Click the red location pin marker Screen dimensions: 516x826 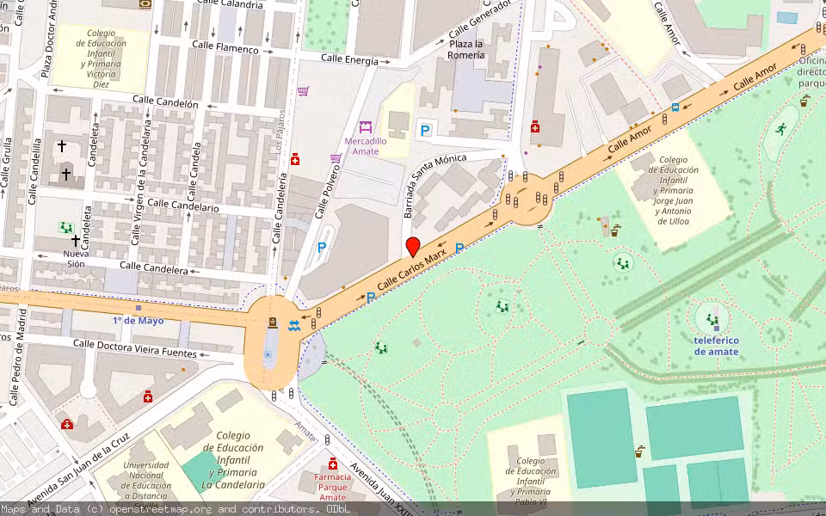pos(413,247)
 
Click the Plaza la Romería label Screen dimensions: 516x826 pos(465,49)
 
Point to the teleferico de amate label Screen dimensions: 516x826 pos(717,345)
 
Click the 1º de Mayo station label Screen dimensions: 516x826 pos(138,320)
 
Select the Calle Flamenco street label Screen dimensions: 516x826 pos(225,48)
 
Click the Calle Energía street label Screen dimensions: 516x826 pos(349,60)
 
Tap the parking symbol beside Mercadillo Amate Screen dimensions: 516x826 pos(424,130)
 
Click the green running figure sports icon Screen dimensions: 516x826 pos(780,130)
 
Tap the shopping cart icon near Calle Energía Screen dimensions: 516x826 pos(303,91)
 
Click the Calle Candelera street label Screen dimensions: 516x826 pos(153,270)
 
